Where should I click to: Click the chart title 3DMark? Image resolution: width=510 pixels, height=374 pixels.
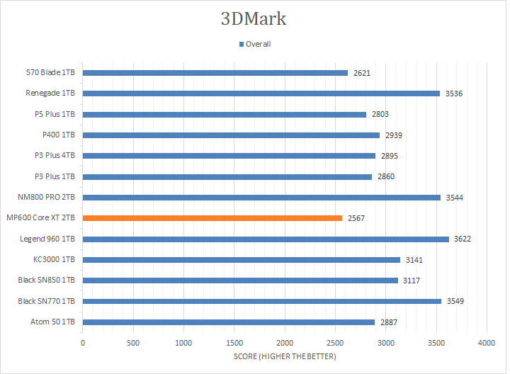(254, 18)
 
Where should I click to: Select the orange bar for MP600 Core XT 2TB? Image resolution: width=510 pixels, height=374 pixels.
(212, 218)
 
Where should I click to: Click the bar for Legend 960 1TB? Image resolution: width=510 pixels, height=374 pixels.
(266, 239)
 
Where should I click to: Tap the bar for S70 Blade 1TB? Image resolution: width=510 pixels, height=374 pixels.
(215, 72)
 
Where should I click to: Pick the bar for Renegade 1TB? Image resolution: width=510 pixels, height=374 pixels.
(261, 93)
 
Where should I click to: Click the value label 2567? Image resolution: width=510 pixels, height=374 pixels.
(356, 218)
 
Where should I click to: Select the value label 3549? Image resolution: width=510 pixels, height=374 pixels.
(455, 301)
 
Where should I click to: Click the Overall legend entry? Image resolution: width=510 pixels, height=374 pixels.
(258, 44)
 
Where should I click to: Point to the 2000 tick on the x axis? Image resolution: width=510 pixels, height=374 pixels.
(285, 343)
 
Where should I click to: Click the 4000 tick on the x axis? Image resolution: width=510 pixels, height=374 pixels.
(486, 343)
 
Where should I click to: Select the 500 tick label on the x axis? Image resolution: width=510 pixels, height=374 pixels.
(133, 343)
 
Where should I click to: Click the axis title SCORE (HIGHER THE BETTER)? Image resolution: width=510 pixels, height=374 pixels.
(285, 356)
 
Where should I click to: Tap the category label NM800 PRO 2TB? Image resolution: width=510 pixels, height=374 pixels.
(50, 198)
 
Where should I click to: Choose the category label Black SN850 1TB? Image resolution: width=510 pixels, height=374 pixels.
(47, 280)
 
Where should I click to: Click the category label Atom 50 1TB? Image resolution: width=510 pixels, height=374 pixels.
(55, 322)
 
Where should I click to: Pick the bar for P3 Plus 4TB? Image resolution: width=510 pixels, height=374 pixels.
(229, 156)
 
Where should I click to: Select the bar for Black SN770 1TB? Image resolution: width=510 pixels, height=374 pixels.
(262, 301)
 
